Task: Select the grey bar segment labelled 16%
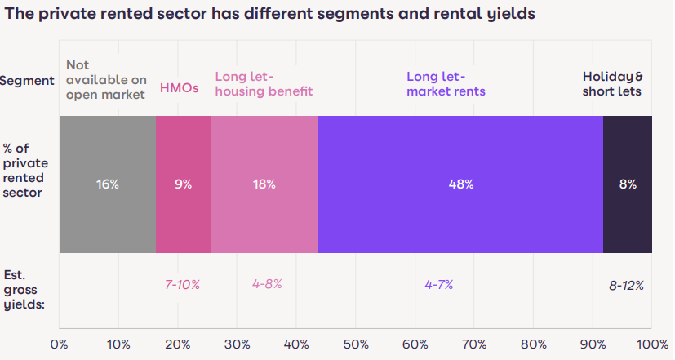(x=107, y=184)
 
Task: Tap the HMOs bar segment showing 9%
(x=183, y=184)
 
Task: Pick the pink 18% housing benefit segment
(x=264, y=184)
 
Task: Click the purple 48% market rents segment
(x=460, y=184)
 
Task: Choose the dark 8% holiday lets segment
(x=627, y=184)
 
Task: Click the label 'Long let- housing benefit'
(x=264, y=83)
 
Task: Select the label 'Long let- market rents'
(x=446, y=83)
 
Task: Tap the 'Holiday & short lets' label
(x=611, y=83)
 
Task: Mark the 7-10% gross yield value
(x=182, y=285)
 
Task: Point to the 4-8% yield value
(x=267, y=285)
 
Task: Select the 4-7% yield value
(x=438, y=285)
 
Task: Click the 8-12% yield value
(x=626, y=285)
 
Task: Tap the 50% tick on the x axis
(x=355, y=344)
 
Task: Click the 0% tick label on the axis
(x=59, y=344)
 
